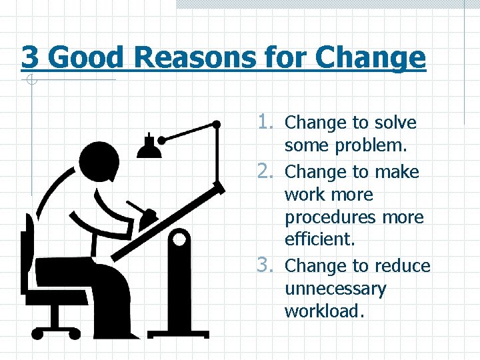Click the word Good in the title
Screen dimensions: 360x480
pyautogui.click(x=86, y=57)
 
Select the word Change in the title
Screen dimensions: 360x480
pyautogui.click(x=370, y=57)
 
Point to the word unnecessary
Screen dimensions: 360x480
pyautogui.click(x=335, y=289)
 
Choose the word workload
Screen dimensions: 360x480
pyautogui.click(x=324, y=311)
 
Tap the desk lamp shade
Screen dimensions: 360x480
pyautogui.click(x=150, y=148)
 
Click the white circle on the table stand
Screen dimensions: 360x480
pyautogui.click(x=179, y=238)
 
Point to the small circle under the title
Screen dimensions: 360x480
pyautogui.click(x=30, y=81)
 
